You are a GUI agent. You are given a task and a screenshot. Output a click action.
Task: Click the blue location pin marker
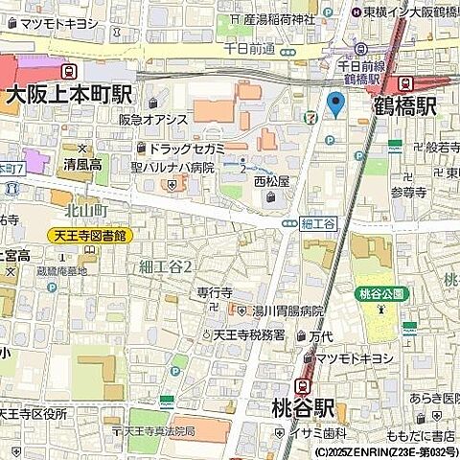pyautogui.click(x=335, y=104)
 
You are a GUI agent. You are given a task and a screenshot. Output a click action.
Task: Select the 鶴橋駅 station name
pyautogui.click(x=405, y=106)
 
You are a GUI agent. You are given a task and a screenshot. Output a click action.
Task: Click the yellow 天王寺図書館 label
pyautogui.click(x=91, y=235)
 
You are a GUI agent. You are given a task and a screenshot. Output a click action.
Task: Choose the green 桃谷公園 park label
pyautogui.click(x=380, y=293)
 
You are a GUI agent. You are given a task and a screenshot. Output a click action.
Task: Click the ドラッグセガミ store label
pyautogui.click(x=187, y=148)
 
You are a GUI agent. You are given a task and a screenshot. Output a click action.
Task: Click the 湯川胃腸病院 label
pyautogui.click(x=287, y=312)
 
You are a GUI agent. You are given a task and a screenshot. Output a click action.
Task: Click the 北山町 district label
pyautogui.click(x=86, y=209)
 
